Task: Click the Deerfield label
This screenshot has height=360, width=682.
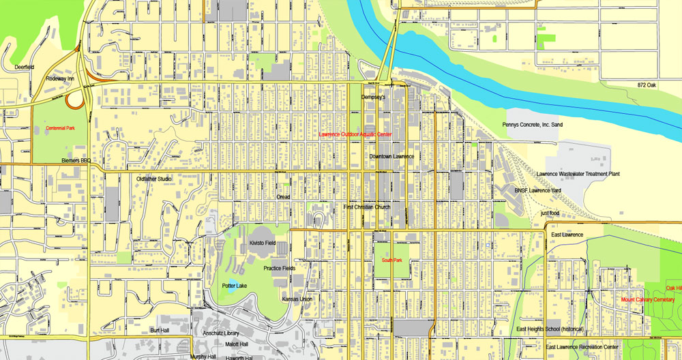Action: pos(25,67)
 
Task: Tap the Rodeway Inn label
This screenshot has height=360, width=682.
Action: pos(61,78)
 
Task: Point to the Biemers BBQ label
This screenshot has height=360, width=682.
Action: pos(76,161)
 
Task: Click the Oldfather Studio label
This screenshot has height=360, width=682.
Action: pos(153,179)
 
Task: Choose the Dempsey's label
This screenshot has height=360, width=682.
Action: pos(373,97)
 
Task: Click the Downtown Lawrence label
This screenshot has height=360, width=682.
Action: pos(391,156)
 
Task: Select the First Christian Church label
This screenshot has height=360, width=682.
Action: pos(367,207)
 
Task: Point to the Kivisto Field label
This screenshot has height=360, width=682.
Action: pos(263,243)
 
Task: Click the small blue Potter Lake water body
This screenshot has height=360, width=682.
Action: pos(232,287)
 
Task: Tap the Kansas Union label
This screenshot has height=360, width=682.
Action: pos(297,299)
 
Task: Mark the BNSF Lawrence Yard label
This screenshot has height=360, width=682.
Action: pos(538,190)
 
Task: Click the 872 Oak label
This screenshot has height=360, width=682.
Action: pos(641,85)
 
